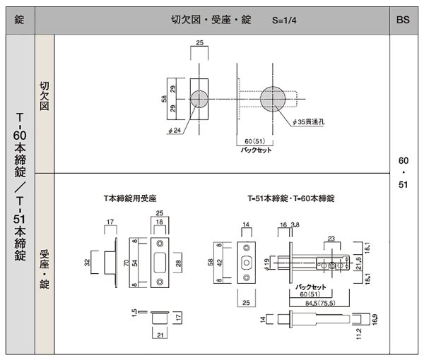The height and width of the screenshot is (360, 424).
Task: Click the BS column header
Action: click(x=404, y=20)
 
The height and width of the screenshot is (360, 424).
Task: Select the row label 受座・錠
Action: click(x=44, y=265)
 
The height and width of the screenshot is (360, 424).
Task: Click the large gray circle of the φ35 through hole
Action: click(x=273, y=98)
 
